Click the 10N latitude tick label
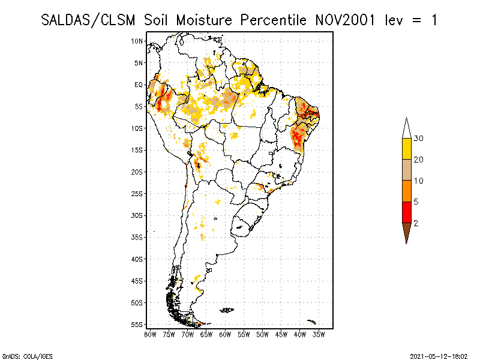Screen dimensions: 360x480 tap(137, 41)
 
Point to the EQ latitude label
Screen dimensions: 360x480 tap(138, 85)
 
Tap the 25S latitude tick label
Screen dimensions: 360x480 tap(137, 193)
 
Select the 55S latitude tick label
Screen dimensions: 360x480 tap(137, 324)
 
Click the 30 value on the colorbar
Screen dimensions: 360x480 tap(419, 139)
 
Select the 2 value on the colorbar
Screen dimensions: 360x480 tap(416, 223)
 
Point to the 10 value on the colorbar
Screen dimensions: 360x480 tap(419, 181)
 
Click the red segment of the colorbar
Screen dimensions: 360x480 tap(406, 212)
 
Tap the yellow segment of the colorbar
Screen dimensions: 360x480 tap(406, 149)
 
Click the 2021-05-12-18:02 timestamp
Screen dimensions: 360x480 tap(440, 355)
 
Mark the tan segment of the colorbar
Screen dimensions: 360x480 tap(406, 170)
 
